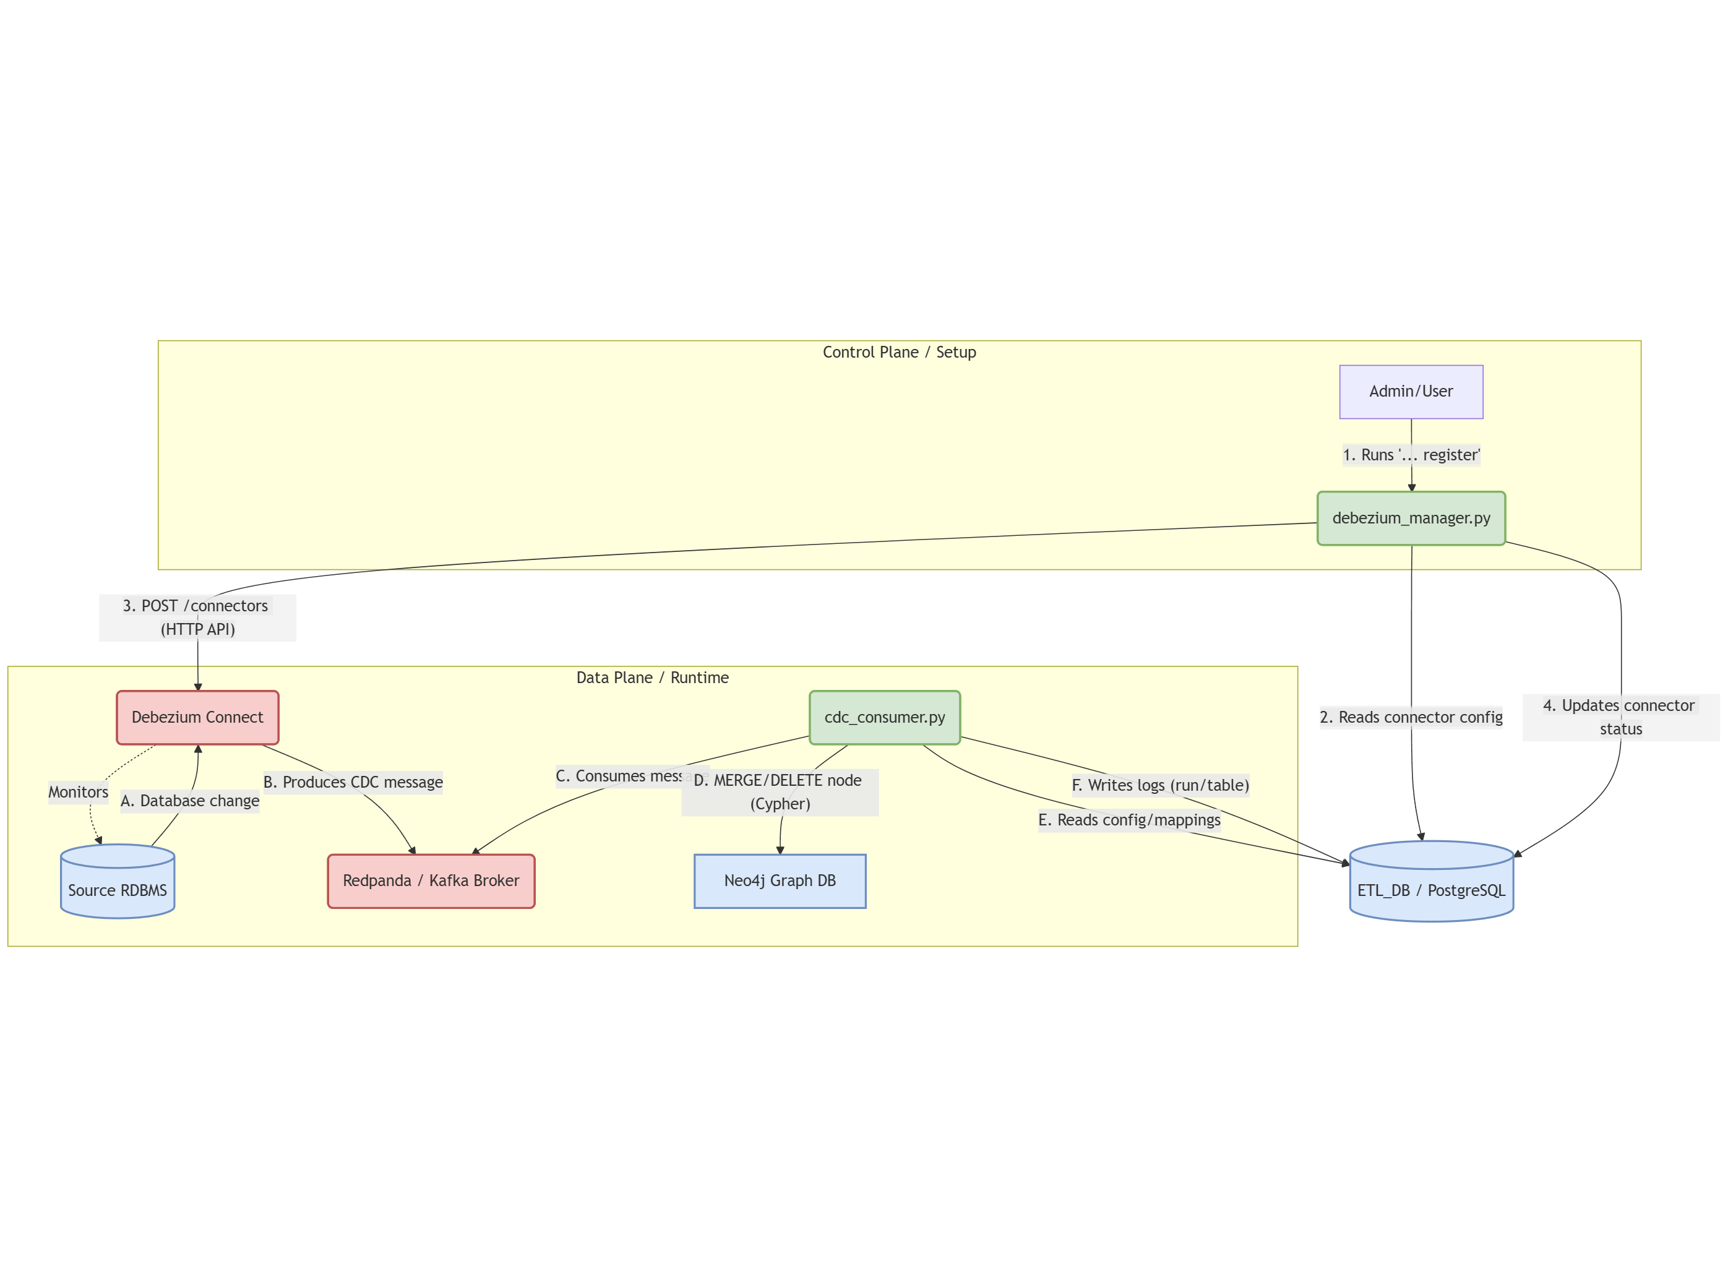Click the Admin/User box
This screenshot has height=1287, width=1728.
tap(1410, 391)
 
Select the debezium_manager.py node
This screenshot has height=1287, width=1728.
tap(1410, 518)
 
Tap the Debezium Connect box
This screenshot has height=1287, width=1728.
tap(197, 717)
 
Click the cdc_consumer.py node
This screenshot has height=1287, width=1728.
tap(884, 717)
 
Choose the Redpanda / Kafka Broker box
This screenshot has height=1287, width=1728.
tap(431, 880)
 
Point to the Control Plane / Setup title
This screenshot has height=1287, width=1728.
tap(898, 352)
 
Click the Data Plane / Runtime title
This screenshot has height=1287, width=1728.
tap(652, 678)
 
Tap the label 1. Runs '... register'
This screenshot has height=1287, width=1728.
tap(1410, 455)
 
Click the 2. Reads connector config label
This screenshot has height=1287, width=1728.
tap(1410, 717)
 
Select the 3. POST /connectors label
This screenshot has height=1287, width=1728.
tap(197, 617)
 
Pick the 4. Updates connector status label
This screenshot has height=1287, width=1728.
tap(1620, 717)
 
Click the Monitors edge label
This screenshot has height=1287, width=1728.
tap(78, 791)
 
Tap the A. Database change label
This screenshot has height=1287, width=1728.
tap(189, 801)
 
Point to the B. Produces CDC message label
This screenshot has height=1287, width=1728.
tap(353, 782)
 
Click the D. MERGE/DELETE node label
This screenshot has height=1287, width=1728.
tap(779, 791)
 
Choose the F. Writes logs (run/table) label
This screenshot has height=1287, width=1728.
tap(1159, 785)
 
